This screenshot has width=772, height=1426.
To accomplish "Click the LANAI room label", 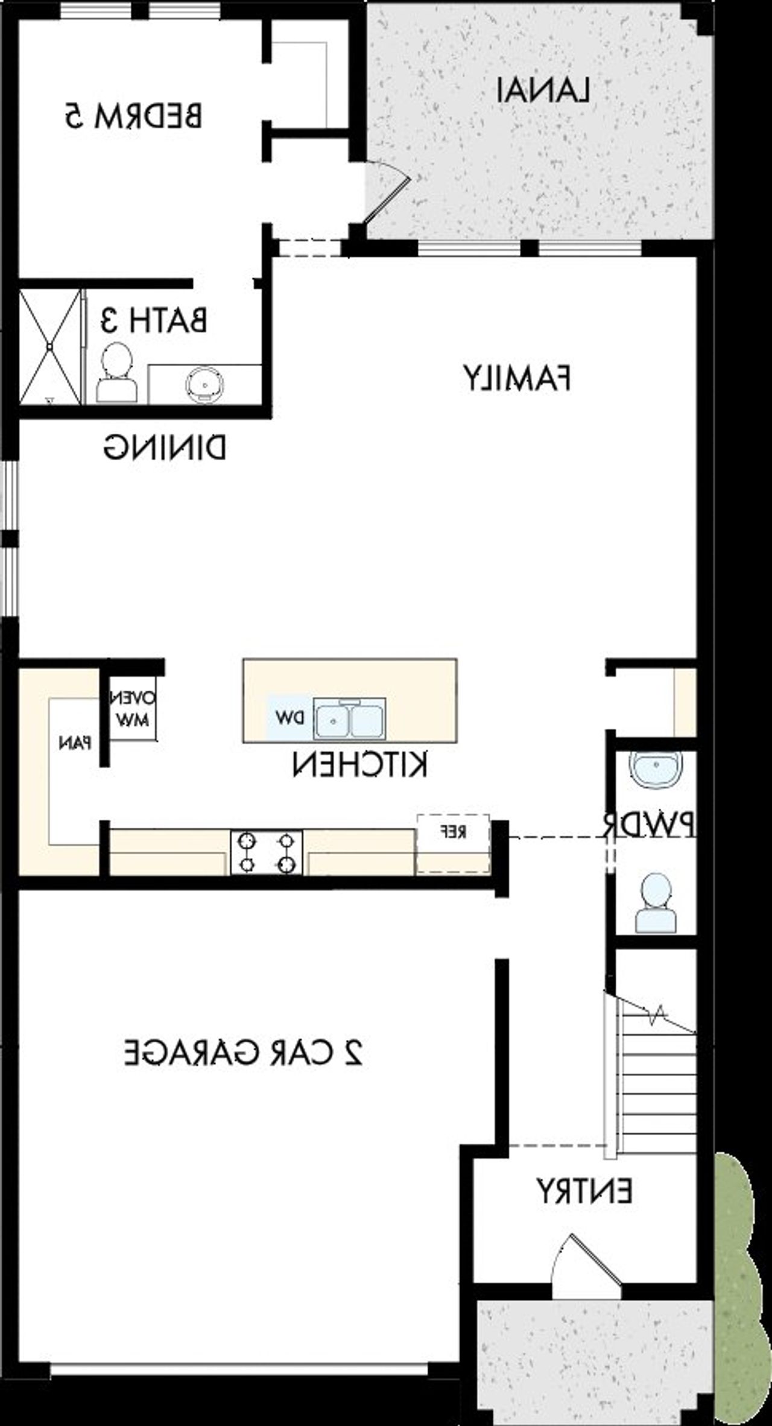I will point(542,91).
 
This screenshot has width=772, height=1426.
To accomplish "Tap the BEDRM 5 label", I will point(133,116).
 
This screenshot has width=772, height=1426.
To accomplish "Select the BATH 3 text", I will point(154,320).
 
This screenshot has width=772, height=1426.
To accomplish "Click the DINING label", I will point(165,448).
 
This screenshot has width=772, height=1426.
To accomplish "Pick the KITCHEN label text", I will point(360,765).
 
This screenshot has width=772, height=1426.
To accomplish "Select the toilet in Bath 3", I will point(116,374).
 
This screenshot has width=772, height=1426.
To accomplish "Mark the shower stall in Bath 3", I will point(50,347).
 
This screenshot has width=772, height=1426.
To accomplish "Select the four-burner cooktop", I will point(266,852).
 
